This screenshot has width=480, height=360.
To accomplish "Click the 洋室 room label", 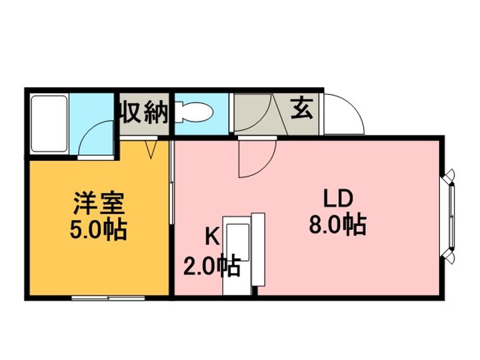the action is [x=99, y=203].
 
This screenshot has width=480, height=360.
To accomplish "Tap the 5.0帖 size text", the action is [x=98, y=229].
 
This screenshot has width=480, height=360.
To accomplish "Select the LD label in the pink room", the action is [x=338, y=199].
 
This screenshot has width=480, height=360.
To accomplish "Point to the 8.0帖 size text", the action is [x=337, y=225].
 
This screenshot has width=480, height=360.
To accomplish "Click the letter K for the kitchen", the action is [x=212, y=237].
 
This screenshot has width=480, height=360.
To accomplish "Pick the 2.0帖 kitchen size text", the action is [x=211, y=265].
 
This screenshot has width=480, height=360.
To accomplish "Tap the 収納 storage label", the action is [x=144, y=113].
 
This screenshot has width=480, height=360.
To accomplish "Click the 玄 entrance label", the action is [x=302, y=108].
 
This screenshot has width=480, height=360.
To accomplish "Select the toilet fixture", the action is [x=194, y=113].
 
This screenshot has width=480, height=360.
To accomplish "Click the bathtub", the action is [x=49, y=124].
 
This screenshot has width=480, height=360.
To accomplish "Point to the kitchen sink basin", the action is [x=237, y=243].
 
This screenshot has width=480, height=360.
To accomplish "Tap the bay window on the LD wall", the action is [x=449, y=217].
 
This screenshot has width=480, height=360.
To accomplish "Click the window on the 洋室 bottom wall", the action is [x=108, y=298].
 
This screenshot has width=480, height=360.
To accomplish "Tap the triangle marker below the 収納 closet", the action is [x=151, y=149].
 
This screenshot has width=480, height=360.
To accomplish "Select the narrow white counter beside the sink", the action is [x=258, y=249].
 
